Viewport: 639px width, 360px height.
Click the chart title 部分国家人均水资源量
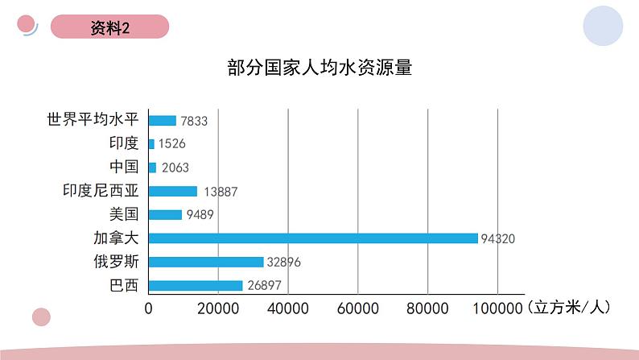[319, 68]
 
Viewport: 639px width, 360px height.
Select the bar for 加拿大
[313, 238]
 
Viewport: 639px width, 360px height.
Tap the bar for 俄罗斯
[206, 262]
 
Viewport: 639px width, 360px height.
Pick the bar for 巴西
[196, 285]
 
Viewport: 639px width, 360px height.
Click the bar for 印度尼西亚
[173, 191]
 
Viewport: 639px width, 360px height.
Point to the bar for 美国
[166, 214]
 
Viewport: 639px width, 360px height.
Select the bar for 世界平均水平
[163, 120]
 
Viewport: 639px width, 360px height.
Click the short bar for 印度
[151, 144]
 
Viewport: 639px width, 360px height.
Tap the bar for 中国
[153, 168]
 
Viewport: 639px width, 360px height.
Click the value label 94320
[497, 238]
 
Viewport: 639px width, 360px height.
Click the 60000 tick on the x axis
[358, 308]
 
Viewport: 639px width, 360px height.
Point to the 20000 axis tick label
[219, 308]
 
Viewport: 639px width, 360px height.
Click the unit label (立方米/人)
[569, 307]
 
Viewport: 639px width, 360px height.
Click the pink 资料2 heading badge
[110, 27]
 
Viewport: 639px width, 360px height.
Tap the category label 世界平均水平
[93, 120]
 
